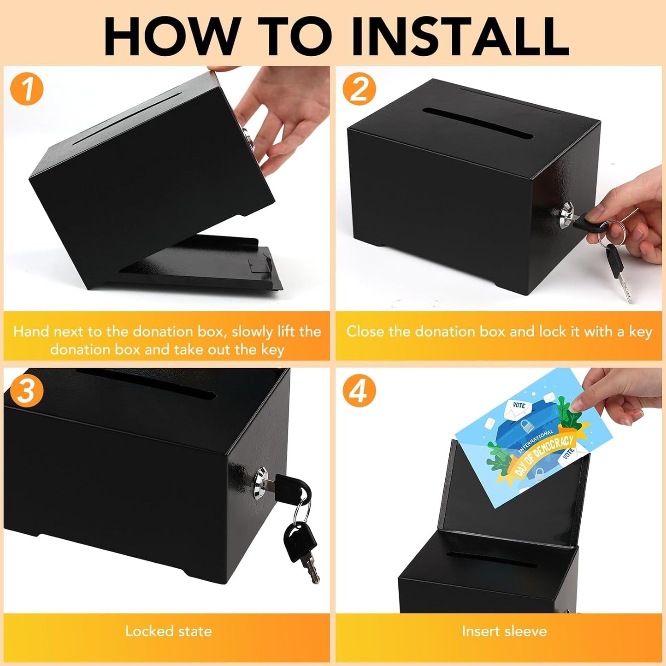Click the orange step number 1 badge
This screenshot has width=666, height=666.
coord(27,88)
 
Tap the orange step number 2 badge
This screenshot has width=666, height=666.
coord(359,88)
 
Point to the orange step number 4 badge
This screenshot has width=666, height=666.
coord(359,391)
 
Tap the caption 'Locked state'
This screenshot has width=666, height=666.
coord(168,631)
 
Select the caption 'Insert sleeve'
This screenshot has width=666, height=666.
coord(504,631)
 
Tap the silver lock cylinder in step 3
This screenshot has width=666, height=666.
coord(262,482)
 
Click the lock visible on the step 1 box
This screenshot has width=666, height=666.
coord(248,138)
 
